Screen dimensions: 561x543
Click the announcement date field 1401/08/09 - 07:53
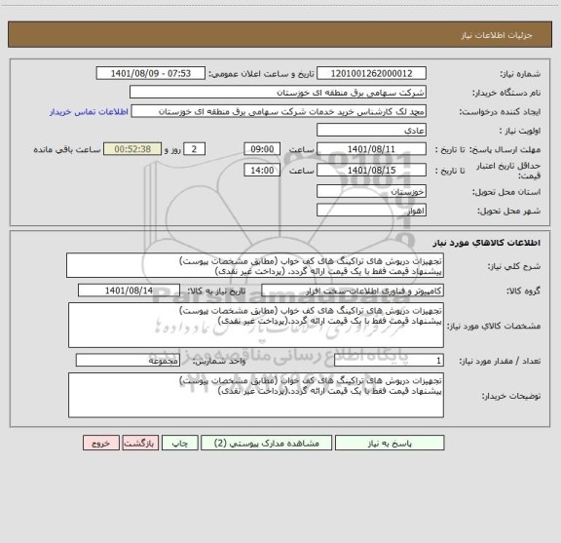pos(153,74)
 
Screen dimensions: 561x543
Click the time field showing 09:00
pos(261,149)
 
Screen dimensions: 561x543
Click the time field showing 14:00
pos(261,171)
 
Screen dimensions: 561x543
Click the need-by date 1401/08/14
pos(141,291)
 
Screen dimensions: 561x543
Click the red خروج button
pos(98,442)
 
